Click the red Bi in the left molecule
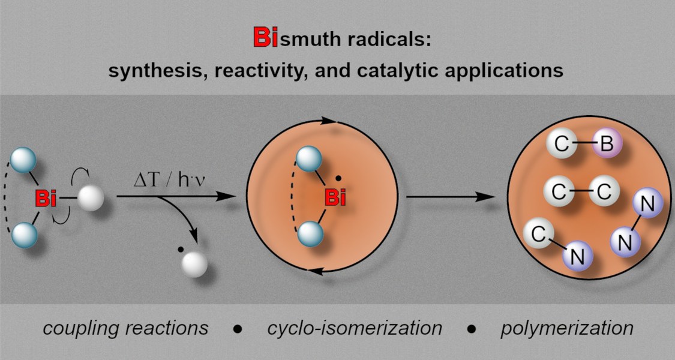[x=46, y=199]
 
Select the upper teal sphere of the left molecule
[x=23, y=160]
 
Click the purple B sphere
[x=606, y=145]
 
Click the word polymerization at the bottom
[x=567, y=328]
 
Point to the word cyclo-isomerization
[x=355, y=328]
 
